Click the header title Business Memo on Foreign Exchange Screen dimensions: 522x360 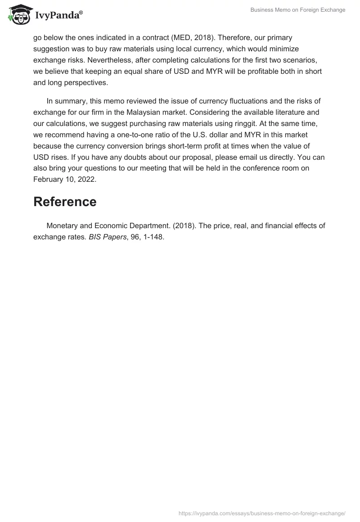pyautogui.click(x=298, y=10)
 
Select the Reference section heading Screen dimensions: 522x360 pyautogui.click(x=65, y=202)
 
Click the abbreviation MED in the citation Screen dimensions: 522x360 pyautogui.click(x=180, y=37)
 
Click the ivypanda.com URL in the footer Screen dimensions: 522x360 pyautogui.click(x=262, y=513)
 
